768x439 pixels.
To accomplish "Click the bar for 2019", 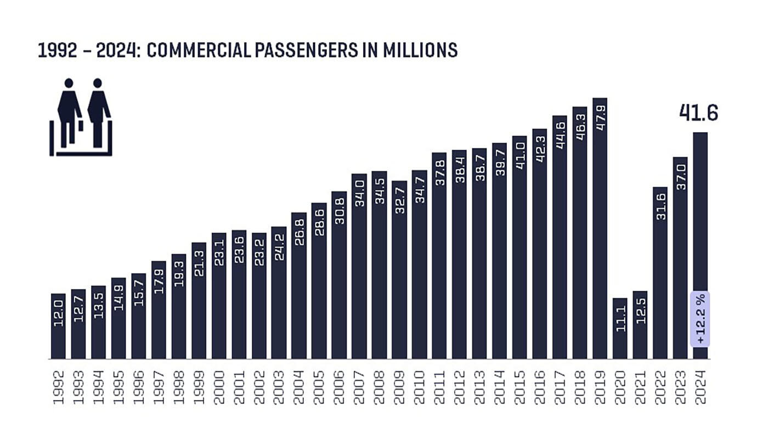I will (x=600, y=230).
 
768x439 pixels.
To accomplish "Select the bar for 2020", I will (x=620, y=329).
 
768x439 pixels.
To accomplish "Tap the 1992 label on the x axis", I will (x=58, y=387).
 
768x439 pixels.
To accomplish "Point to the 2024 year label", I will (x=701, y=387).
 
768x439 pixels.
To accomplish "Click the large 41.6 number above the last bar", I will (x=698, y=112).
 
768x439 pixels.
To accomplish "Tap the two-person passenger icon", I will (x=81, y=117).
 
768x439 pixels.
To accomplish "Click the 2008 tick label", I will (x=379, y=387).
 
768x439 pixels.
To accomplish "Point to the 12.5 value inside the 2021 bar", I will (x=640, y=311).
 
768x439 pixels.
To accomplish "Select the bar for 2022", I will (x=660, y=274).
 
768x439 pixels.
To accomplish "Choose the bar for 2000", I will (x=219, y=296).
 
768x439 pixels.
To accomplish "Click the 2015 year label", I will (x=519, y=387).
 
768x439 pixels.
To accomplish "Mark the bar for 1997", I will (x=159, y=311).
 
